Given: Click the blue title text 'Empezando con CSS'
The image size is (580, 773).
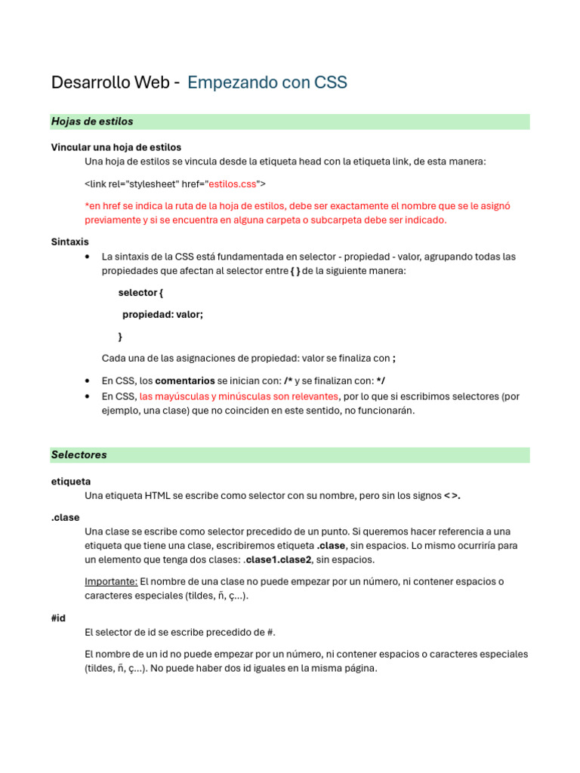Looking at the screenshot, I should coord(267,83).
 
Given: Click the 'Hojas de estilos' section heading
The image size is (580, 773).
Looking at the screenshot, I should coord(91,122).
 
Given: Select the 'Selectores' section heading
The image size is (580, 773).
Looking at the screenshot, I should coord(79,455).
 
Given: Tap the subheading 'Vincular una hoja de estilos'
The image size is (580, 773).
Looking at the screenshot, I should coord(116,147).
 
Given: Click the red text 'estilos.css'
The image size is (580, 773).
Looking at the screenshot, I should coord(233,183).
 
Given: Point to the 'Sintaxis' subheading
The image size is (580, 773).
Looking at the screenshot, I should coord(69,242).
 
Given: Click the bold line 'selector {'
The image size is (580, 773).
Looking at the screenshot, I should coord(140,293).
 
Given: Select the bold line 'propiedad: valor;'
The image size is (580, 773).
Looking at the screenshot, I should coord(162,315).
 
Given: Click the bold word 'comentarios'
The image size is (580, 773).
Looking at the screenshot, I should coord(185,380).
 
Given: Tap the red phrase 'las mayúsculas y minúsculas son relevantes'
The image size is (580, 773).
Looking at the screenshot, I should coord(239,396).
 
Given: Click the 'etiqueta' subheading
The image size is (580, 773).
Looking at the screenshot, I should coord(71,481).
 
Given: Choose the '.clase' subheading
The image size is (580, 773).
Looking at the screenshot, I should coord(65,517).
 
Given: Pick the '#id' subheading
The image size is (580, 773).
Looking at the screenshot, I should coord(58,618).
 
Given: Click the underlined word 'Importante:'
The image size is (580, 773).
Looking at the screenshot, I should coord(111,581).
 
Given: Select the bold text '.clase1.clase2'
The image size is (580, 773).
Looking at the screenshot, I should coord(279,560).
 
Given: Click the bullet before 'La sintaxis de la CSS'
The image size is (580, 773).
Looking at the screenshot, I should coord(89,257).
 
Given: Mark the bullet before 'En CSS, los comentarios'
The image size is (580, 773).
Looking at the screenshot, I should coord(89,380).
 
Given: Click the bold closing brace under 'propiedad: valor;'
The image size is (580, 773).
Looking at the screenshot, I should coord(120,337).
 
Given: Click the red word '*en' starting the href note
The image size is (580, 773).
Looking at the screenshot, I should coord(94,205).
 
